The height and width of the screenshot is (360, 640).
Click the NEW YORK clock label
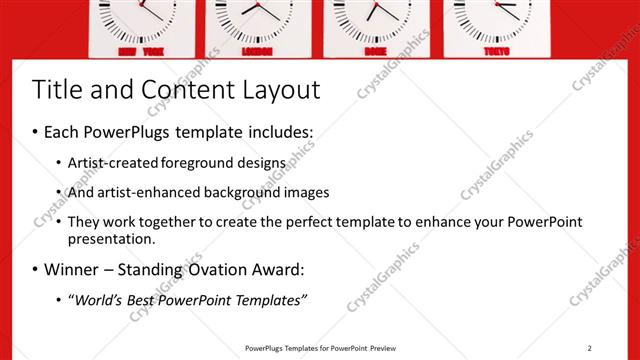pos(141,51)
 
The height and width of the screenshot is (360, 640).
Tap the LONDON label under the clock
pos(257,51)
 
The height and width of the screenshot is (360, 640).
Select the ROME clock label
pos(376,51)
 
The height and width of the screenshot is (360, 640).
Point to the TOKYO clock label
pos(497,51)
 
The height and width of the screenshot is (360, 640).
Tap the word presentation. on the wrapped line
pos(111,240)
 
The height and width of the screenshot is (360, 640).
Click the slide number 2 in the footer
pos(590,348)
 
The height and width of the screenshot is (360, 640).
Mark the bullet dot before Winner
pos(36,270)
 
